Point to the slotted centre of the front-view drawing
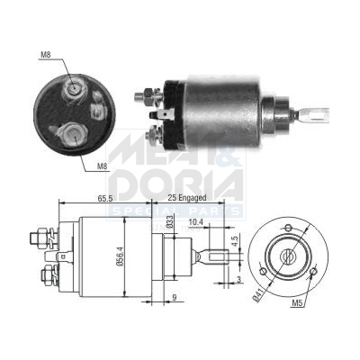[287, 256]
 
